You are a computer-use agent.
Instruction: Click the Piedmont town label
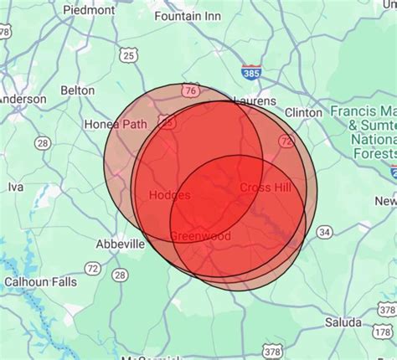pyautogui.click(x=89, y=10)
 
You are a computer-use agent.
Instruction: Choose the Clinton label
pyautogui.click(x=302, y=112)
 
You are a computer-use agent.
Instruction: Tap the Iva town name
pyautogui.click(x=15, y=187)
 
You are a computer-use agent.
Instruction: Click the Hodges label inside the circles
pyautogui.click(x=169, y=195)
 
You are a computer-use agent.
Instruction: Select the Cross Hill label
pyautogui.click(x=266, y=188)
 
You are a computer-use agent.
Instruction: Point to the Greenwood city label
pyautogui.click(x=200, y=236)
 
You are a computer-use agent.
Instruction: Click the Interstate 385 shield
pyautogui.click(x=250, y=74)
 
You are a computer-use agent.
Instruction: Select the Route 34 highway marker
pyautogui.click(x=323, y=231)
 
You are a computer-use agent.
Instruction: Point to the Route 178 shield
pyautogui.click(x=386, y=310)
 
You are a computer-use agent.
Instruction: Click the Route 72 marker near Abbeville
pyautogui.click(x=92, y=267)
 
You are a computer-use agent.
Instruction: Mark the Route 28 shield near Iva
pyautogui.click(x=42, y=144)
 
